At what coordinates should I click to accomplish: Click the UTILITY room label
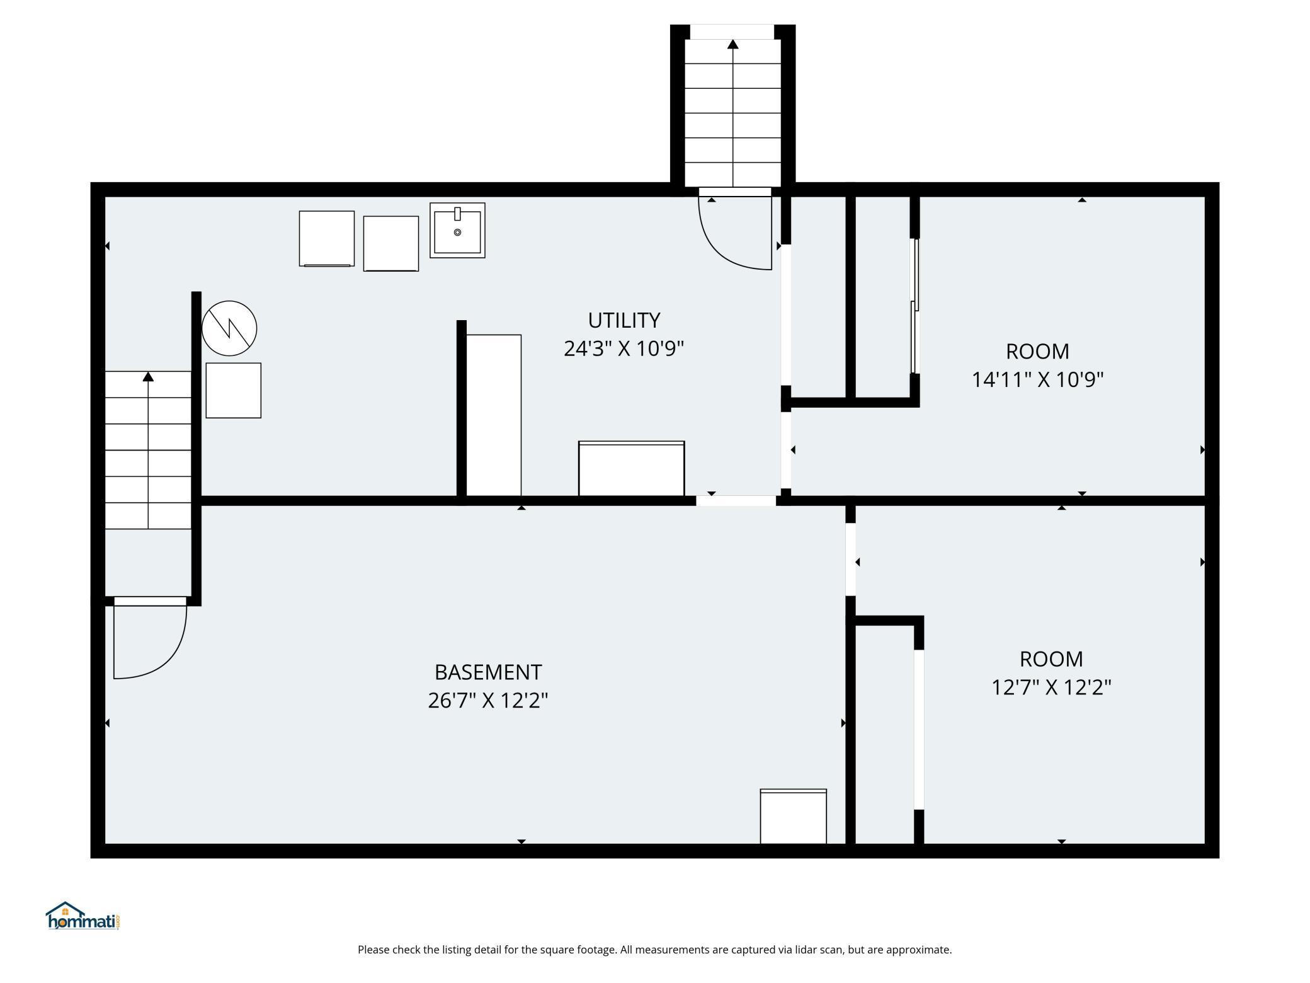pyautogui.click(x=624, y=320)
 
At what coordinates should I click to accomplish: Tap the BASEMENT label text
pyautogui.click(x=488, y=672)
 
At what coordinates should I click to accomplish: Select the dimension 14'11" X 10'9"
pyautogui.click(x=1037, y=379)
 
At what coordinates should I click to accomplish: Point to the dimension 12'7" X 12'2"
pyautogui.click(x=1051, y=687)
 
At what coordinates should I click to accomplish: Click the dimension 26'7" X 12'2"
pyautogui.click(x=488, y=700)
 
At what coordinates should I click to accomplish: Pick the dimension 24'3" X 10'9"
pyautogui.click(x=624, y=348)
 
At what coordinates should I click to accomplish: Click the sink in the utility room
pyautogui.click(x=457, y=230)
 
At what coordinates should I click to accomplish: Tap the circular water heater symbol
pyautogui.click(x=229, y=328)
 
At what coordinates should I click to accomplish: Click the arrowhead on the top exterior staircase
pyautogui.click(x=732, y=44)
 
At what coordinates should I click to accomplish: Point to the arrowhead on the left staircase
pyautogui.click(x=148, y=377)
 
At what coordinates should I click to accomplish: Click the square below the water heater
pyautogui.click(x=234, y=390)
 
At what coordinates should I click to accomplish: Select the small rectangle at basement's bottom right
pyautogui.click(x=793, y=816)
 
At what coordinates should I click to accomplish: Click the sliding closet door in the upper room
pyautogui.click(x=914, y=306)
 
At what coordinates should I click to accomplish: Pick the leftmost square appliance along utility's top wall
pyautogui.click(x=326, y=238)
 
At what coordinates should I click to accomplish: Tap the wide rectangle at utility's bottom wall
pyautogui.click(x=631, y=468)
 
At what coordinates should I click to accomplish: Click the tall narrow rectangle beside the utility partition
pyautogui.click(x=494, y=415)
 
